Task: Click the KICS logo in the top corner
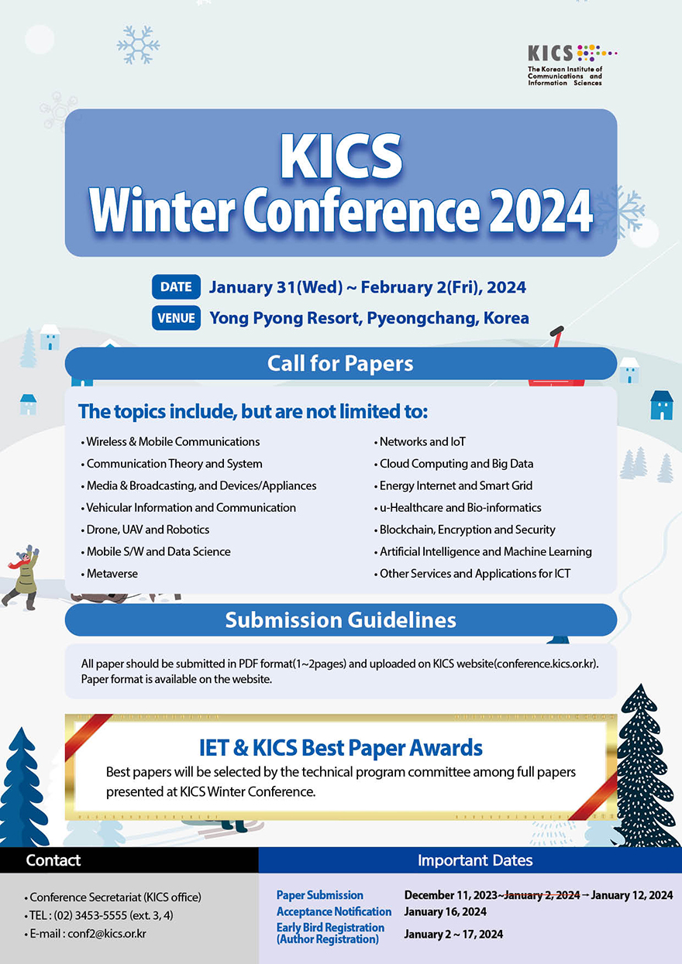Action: tap(572, 65)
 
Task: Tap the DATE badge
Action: tap(176, 286)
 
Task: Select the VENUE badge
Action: tap(176, 318)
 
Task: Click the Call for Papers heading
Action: tap(340, 363)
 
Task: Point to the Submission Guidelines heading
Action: tap(340, 620)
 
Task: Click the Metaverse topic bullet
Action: tap(109, 574)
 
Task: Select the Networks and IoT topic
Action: tap(419, 441)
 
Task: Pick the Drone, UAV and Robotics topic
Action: tap(145, 530)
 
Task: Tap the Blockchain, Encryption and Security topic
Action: tap(464, 530)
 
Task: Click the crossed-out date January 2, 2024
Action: tap(542, 895)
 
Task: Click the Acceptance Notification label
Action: tap(334, 911)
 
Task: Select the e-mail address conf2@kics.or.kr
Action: tap(107, 934)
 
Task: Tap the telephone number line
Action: tap(98, 915)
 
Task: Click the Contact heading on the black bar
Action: tap(53, 859)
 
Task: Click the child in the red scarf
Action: tap(21, 577)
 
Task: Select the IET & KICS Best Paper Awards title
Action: tap(340, 747)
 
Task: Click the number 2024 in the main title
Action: tap(541, 211)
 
